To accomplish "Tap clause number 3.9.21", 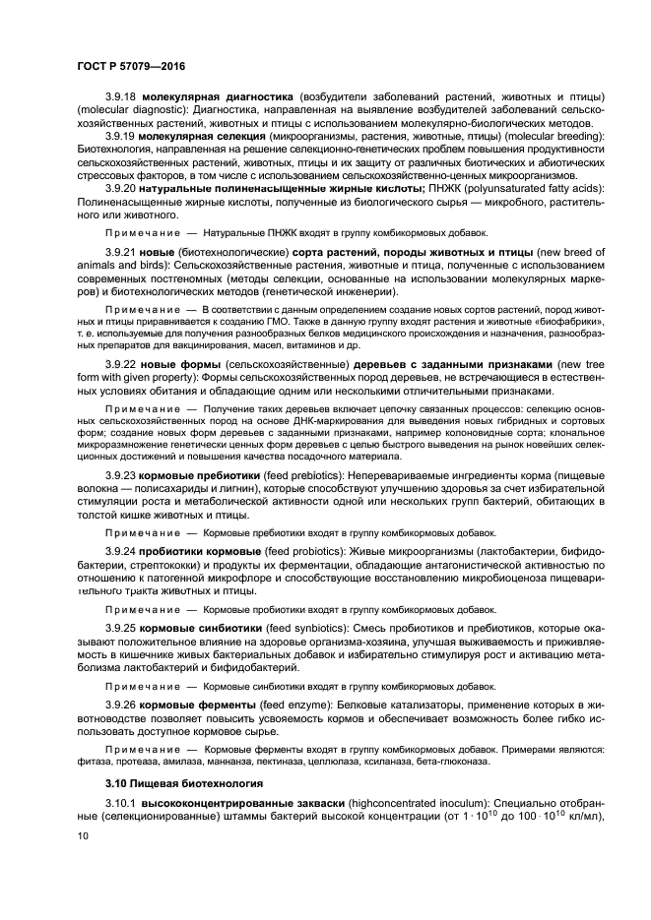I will [x=121, y=253].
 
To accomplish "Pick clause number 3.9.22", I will [x=121, y=364].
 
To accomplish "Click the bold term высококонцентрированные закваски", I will [x=242, y=804].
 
